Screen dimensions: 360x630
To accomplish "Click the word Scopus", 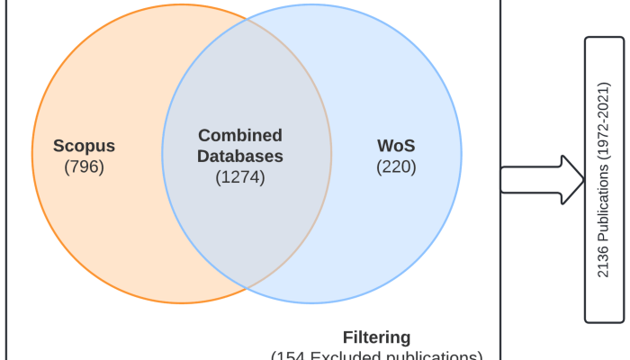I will tap(85, 146).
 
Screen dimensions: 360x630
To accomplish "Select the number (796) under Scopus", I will tap(85, 166).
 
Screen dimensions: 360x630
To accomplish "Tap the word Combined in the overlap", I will tap(240, 136).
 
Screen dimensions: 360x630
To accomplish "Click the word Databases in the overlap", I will tap(240, 156).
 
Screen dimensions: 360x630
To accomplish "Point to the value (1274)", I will tap(240, 176).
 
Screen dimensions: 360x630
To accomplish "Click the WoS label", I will tap(395, 145).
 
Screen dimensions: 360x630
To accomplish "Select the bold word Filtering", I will tap(377, 337).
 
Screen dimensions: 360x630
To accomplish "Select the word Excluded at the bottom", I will tap(353, 355).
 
